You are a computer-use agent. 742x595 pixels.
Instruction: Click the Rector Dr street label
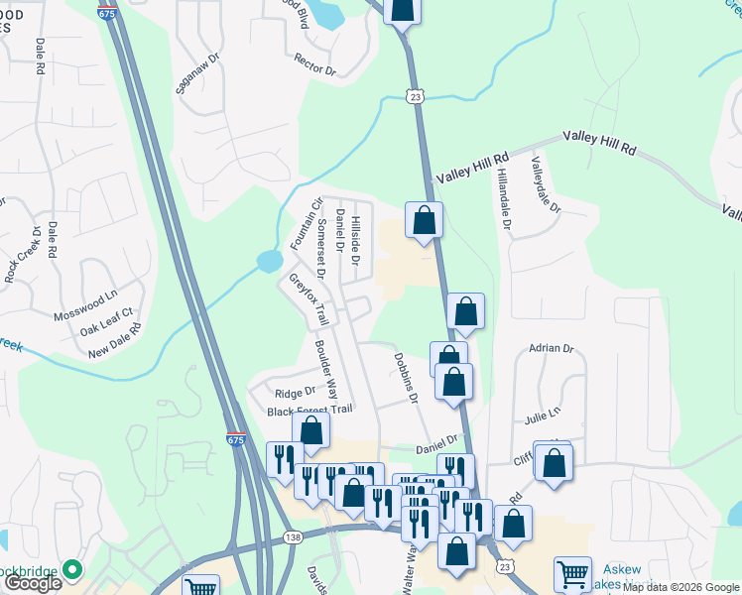pyautogui.click(x=315, y=64)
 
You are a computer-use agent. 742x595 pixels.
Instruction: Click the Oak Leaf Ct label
pyautogui.click(x=106, y=328)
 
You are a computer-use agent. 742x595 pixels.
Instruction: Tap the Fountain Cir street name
pyautogui.click(x=307, y=224)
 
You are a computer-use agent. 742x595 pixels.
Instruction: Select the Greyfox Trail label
pyautogui.click(x=309, y=299)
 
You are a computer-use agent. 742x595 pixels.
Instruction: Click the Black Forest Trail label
pyautogui.click(x=309, y=410)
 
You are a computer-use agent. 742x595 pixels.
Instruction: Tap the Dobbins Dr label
pyautogui.click(x=406, y=377)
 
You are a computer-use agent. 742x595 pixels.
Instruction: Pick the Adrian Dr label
pyautogui.click(x=552, y=348)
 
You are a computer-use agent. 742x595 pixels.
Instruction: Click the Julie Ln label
pyautogui.click(x=543, y=412)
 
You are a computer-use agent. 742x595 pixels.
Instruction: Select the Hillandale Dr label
pyautogui.click(x=505, y=198)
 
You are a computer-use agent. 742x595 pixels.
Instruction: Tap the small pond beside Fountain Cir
pyautogui.click(x=268, y=262)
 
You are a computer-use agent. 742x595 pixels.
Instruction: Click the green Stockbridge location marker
pyautogui.click(x=70, y=570)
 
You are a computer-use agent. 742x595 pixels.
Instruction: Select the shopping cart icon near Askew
pyautogui.click(x=572, y=573)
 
